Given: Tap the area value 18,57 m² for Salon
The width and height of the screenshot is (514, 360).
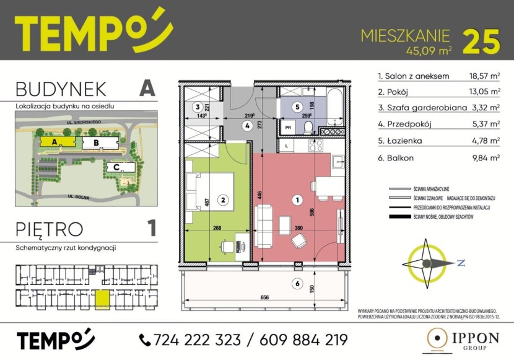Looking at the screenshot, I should tap(484, 77).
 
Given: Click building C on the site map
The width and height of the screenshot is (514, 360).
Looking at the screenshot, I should tap(116, 167).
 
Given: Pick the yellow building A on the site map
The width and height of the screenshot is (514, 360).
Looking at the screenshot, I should tap(54, 141).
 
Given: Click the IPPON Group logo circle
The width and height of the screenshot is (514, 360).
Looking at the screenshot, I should tap(438, 339).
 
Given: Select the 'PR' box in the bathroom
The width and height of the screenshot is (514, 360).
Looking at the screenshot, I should tap(287, 127).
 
